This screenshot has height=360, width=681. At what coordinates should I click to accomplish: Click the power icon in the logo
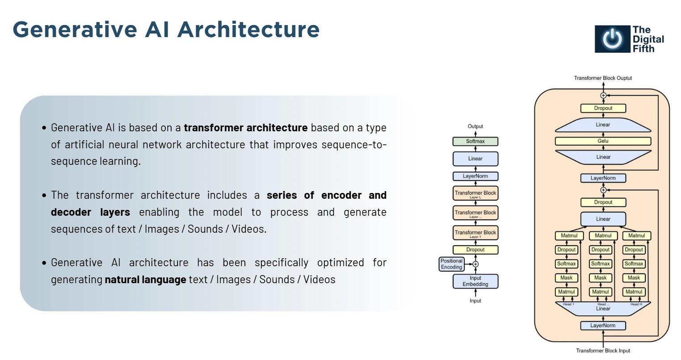tap(612, 39)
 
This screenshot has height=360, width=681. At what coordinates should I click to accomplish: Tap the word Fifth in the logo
tap(643, 48)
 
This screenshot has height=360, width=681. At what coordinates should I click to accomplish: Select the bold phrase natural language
tap(145, 280)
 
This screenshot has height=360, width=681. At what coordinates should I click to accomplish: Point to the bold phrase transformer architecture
tap(245, 128)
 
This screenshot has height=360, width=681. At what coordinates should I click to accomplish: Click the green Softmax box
tap(475, 141)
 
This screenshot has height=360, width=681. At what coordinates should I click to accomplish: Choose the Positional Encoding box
tap(451, 264)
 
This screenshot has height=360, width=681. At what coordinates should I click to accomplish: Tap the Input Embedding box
tap(475, 281)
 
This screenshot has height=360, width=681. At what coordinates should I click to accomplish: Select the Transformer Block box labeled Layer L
tap(475, 193)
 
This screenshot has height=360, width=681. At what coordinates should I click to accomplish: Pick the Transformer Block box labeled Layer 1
tap(475, 233)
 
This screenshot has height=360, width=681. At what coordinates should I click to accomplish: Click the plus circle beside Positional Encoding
tap(475, 264)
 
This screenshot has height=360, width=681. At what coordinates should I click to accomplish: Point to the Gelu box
tap(603, 141)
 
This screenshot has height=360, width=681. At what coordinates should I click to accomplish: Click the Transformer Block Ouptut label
tap(603, 78)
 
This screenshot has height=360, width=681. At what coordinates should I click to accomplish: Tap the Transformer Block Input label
tap(603, 351)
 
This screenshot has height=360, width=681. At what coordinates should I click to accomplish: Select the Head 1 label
tap(568, 304)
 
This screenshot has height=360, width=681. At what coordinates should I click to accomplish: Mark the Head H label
tap(636, 304)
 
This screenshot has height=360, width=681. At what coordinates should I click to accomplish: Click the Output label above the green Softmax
tap(475, 126)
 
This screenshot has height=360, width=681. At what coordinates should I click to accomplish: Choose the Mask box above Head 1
tap(566, 278)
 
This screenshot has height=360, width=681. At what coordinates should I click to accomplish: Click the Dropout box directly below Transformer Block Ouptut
tap(603, 108)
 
